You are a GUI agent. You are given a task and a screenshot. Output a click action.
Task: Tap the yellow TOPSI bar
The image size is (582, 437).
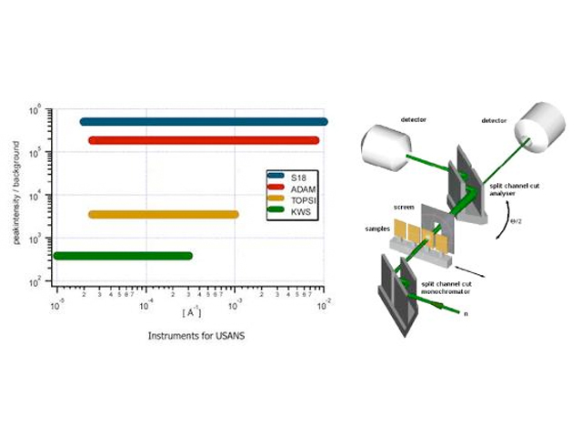tap(164, 215)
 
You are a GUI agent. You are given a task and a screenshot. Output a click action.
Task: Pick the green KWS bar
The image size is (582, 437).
tap(123, 256)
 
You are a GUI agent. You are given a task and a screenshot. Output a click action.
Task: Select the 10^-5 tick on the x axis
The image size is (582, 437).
tap(56, 302)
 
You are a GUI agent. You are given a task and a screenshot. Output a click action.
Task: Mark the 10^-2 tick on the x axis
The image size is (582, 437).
tap(322, 302)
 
